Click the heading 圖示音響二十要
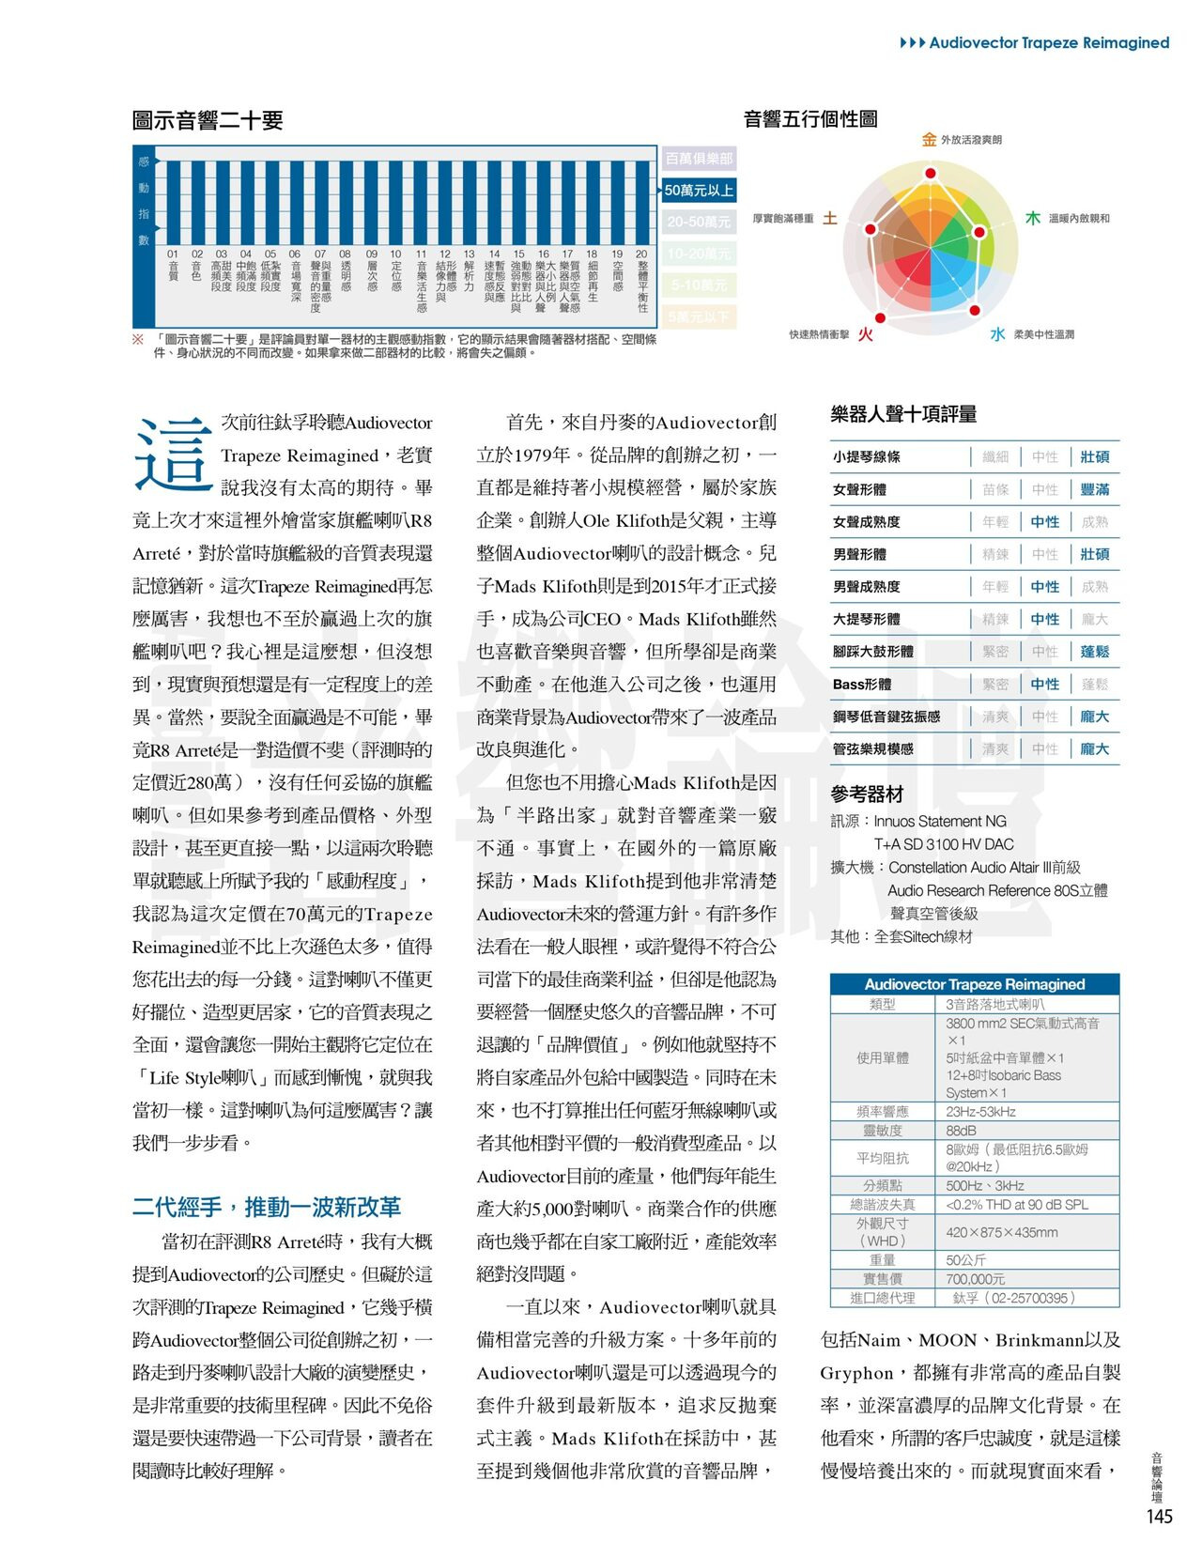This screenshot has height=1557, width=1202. click(x=208, y=120)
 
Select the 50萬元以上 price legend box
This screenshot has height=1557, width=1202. click(x=699, y=191)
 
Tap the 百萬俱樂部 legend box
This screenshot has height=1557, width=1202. click(x=699, y=159)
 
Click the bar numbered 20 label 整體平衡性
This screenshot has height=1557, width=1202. click(x=642, y=281)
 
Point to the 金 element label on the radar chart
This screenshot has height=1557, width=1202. click(x=929, y=140)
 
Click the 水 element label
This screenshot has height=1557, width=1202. click(x=997, y=334)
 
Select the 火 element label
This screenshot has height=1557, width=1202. click(x=865, y=334)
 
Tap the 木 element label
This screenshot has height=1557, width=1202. click(x=1032, y=219)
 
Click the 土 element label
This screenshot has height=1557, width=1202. click(x=830, y=219)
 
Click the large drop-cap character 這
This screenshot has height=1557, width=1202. click(x=173, y=455)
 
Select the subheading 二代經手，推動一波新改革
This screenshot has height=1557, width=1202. click(x=267, y=1207)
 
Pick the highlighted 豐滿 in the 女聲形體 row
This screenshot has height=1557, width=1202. click(x=1095, y=489)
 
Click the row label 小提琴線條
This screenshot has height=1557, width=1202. click(x=867, y=457)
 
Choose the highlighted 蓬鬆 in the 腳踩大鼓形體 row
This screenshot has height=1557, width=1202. click(x=1095, y=652)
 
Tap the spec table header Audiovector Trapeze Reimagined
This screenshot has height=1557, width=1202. click(x=975, y=984)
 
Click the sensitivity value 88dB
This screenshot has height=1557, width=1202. click(x=961, y=1131)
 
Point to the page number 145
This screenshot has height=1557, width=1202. click(x=1160, y=1517)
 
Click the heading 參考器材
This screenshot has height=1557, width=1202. click(x=867, y=794)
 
